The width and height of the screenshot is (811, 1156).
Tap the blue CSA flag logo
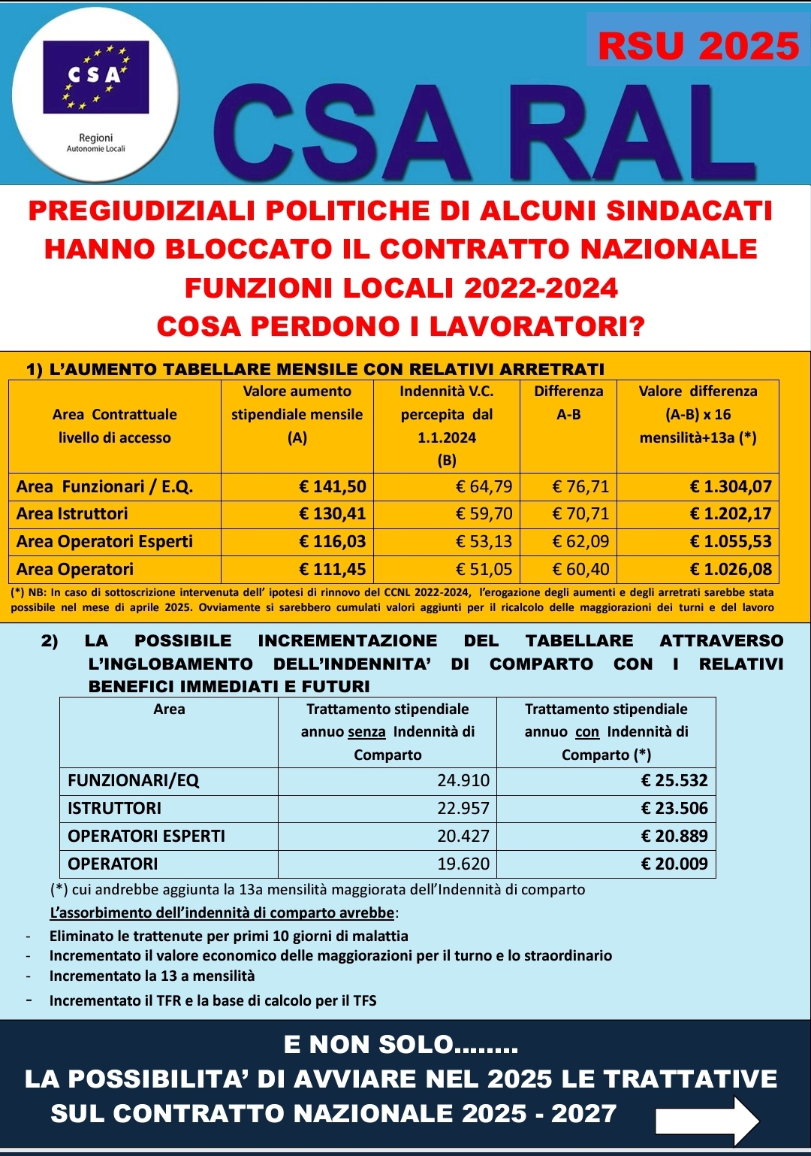tap(96, 77)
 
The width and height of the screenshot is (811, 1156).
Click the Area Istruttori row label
tap(72, 514)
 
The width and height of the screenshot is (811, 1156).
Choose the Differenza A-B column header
tap(568, 403)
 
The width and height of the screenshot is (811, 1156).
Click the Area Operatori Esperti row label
tap(104, 541)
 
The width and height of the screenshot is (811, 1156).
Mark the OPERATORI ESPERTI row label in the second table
tap(146, 836)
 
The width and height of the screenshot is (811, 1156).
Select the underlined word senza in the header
tap(366, 732)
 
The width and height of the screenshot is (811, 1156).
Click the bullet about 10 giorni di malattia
tap(229, 936)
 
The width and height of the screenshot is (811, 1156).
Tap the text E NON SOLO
tap(401, 1045)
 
